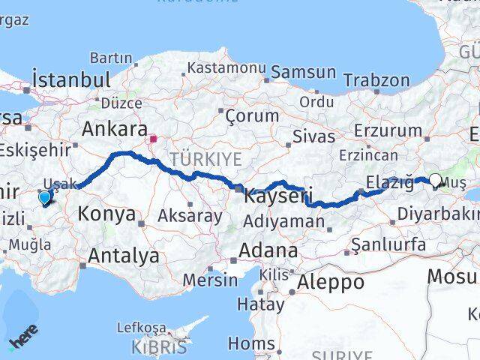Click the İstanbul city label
71,79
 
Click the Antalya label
124,256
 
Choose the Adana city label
268,250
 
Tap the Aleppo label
331,282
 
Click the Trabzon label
376,80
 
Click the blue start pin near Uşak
45,197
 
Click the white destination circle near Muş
435,180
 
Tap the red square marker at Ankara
154,138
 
